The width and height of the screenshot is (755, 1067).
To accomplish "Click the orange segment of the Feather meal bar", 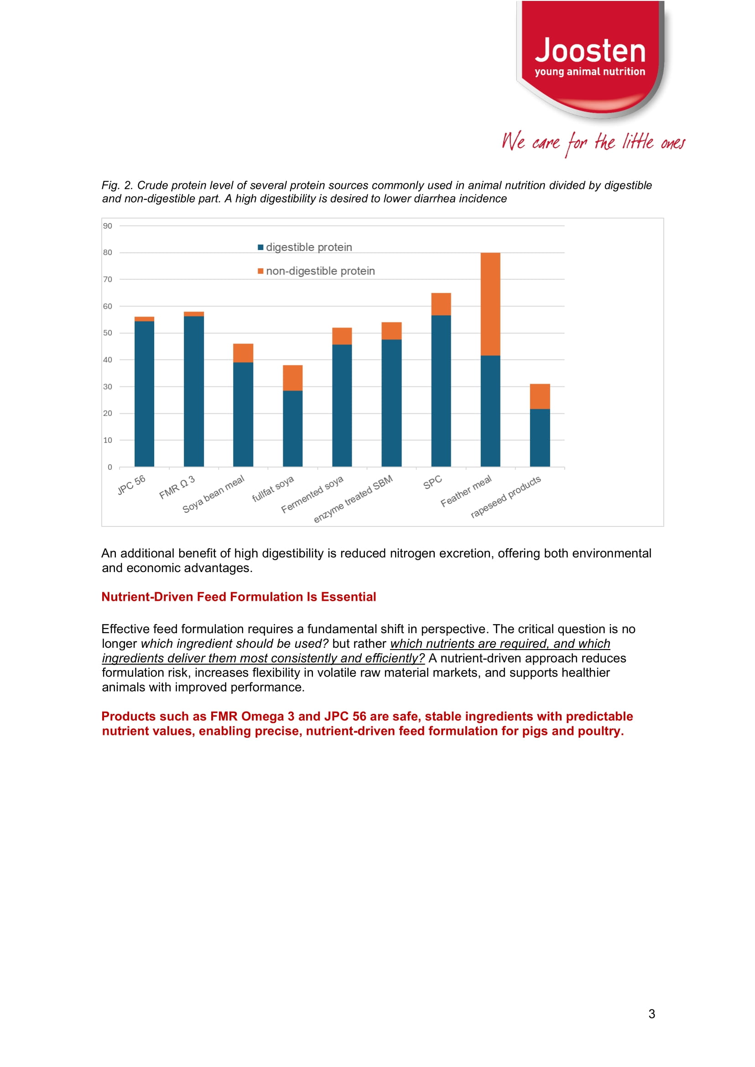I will click(490, 304).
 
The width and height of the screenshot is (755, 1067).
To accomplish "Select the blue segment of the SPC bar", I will click(441, 390).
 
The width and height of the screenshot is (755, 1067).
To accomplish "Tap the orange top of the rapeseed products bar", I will click(540, 396).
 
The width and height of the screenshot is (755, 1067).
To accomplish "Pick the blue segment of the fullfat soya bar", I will click(292, 428).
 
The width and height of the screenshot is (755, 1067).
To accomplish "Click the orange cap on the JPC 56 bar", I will click(144, 319).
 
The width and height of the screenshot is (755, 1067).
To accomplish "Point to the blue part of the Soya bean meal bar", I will click(243, 414).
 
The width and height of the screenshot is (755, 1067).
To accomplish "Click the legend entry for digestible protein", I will click(308, 247).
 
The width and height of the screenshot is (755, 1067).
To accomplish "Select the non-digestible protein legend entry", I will click(320, 271).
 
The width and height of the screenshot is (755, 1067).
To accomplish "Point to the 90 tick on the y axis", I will click(107, 226).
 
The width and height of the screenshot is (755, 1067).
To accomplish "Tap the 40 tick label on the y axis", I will click(107, 360).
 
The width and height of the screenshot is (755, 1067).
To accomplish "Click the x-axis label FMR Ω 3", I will click(177, 487).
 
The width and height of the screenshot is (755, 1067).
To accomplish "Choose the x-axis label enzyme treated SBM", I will click(354, 499).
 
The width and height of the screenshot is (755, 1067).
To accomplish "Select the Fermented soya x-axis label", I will click(312, 494).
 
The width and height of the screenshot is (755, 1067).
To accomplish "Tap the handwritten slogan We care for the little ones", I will click(593, 142).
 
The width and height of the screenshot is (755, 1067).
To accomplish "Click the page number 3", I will click(651, 1014).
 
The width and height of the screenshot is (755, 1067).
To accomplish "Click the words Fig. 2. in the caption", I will click(117, 186).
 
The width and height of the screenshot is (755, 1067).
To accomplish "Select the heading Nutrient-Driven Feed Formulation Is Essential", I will click(239, 597).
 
